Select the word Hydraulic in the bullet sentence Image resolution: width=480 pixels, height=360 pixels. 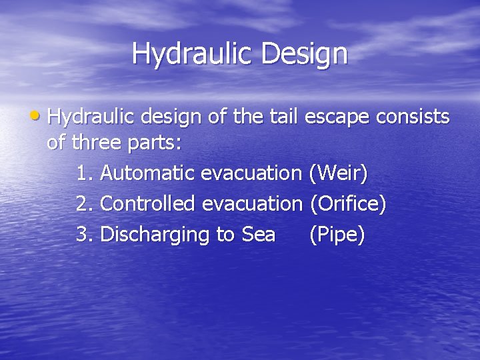(90, 117)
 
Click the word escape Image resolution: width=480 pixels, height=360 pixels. (337, 117)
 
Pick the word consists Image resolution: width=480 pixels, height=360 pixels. (413, 117)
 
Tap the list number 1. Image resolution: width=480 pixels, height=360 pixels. (83, 173)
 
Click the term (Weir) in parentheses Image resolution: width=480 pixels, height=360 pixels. (338, 174)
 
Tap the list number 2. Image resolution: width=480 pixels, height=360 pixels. (83, 203)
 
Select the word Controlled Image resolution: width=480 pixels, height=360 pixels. (147, 203)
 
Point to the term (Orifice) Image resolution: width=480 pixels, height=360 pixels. (347, 204)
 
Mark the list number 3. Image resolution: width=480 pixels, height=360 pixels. (83, 234)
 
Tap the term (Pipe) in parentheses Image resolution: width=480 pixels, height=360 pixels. (337, 235)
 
